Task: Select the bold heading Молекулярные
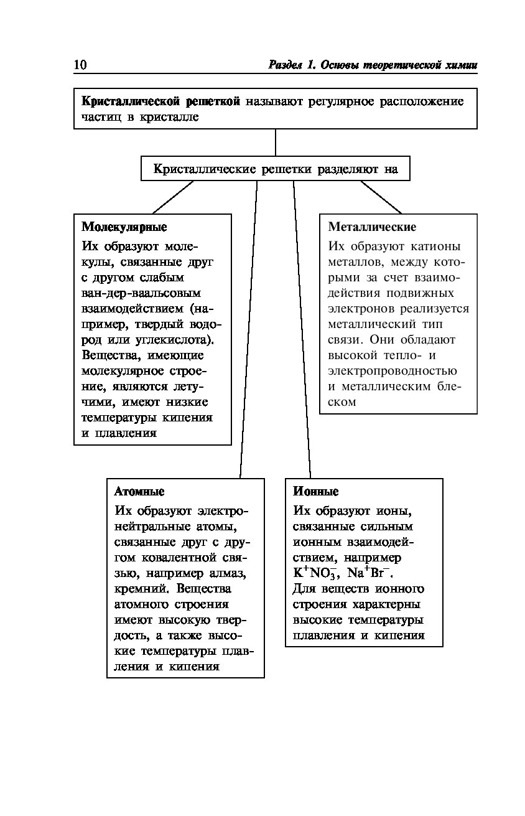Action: click(x=124, y=227)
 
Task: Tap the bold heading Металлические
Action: click(x=372, y=227)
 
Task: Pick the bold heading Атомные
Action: click(x=139, y=492)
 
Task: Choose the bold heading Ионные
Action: click(x=316, y=492)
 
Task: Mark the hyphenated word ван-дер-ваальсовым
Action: click(x=141, y=293)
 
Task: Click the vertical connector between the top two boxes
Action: click(x=276, y=143)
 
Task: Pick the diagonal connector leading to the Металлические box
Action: click(x=381, y=197)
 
